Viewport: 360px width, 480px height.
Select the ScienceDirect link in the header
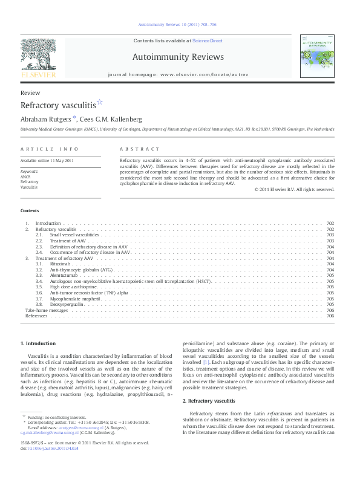pos(208,41)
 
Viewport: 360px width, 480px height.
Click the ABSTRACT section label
pos(139,149)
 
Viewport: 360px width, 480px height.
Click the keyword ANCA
pos(25,177)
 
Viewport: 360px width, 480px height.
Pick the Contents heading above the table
pos(30,210)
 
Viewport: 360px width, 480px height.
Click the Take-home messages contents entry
pos(42,310)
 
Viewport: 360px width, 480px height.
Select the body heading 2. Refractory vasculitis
pos(208,401)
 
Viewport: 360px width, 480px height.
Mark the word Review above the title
pos(30,92)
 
